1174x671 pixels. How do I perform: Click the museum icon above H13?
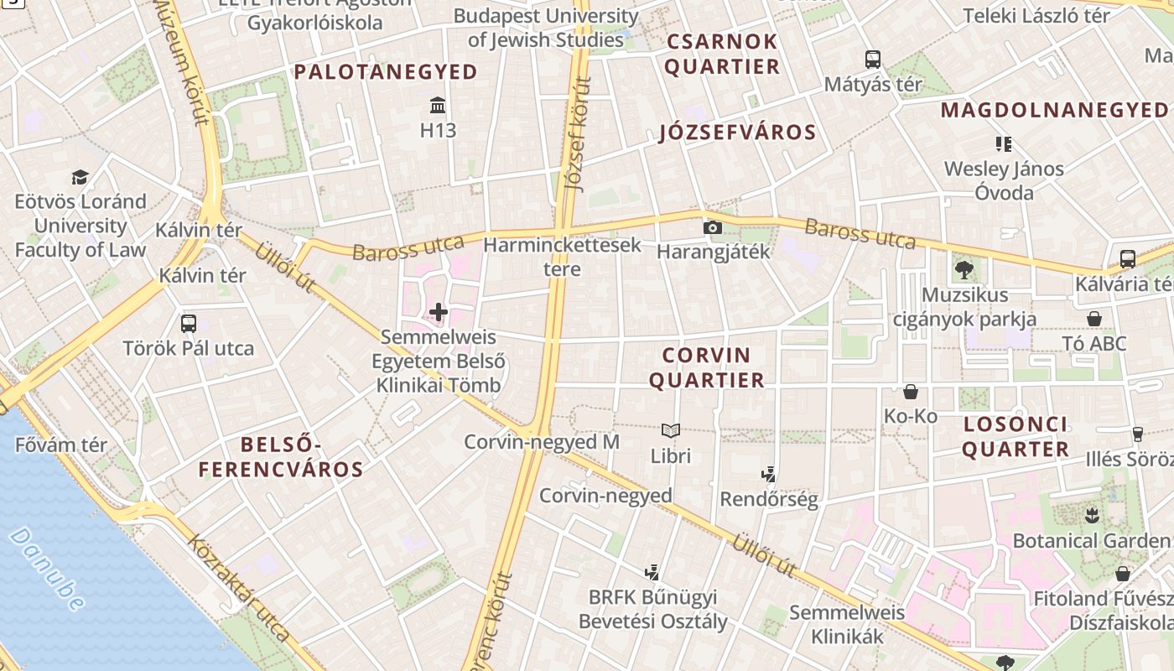(x=438, y=106)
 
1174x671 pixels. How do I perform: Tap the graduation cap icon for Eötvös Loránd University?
(x=80, y=177)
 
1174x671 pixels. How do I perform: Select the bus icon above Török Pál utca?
(x=189, y=324)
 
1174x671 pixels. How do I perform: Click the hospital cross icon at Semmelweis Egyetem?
(x=439, y=313)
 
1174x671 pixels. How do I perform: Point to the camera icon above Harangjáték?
(x=712, y=227)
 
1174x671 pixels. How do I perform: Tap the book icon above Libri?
(x=670, y=431)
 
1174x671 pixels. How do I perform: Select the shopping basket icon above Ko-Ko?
(x=911, y=392)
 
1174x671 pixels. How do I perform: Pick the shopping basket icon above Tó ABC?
(x=1094, y=319)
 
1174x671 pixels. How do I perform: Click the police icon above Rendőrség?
(x=768, y=475)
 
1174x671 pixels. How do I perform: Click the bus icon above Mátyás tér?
(x=873, y=60)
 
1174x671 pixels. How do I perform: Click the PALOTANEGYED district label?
(x=386, y=72)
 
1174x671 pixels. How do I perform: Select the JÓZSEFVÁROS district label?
(x=737, y=133)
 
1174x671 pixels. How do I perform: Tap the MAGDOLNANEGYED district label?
(x=1054, y=110)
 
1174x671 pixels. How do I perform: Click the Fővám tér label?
(x=60, y=445)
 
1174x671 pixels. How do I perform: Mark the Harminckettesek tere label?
(x=562, y=257)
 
